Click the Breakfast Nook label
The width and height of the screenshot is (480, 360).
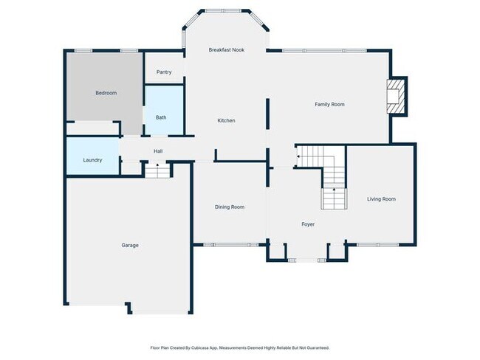point(226,50)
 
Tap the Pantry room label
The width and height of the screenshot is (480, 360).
point(164,72)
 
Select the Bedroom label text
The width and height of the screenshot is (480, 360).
point(106,93)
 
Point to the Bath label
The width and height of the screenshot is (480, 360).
point(161,118)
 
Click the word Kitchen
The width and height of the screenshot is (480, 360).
point(226,121)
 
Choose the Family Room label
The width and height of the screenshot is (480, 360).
point(329,105)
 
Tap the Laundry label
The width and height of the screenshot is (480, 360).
point(92,160)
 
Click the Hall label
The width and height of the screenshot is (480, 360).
point(158,152)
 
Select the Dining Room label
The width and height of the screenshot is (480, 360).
point(229,207)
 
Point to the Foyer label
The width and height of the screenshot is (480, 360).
point(308,224)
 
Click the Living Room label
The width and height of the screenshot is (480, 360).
point(381,199)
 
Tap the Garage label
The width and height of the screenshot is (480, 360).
point(130,246)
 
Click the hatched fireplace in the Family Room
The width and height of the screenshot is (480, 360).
point(397,96)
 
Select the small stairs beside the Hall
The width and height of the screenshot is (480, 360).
point(157,171)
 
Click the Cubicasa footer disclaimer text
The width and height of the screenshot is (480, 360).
point(239,347)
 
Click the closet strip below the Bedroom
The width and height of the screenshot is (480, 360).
point(94,129)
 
